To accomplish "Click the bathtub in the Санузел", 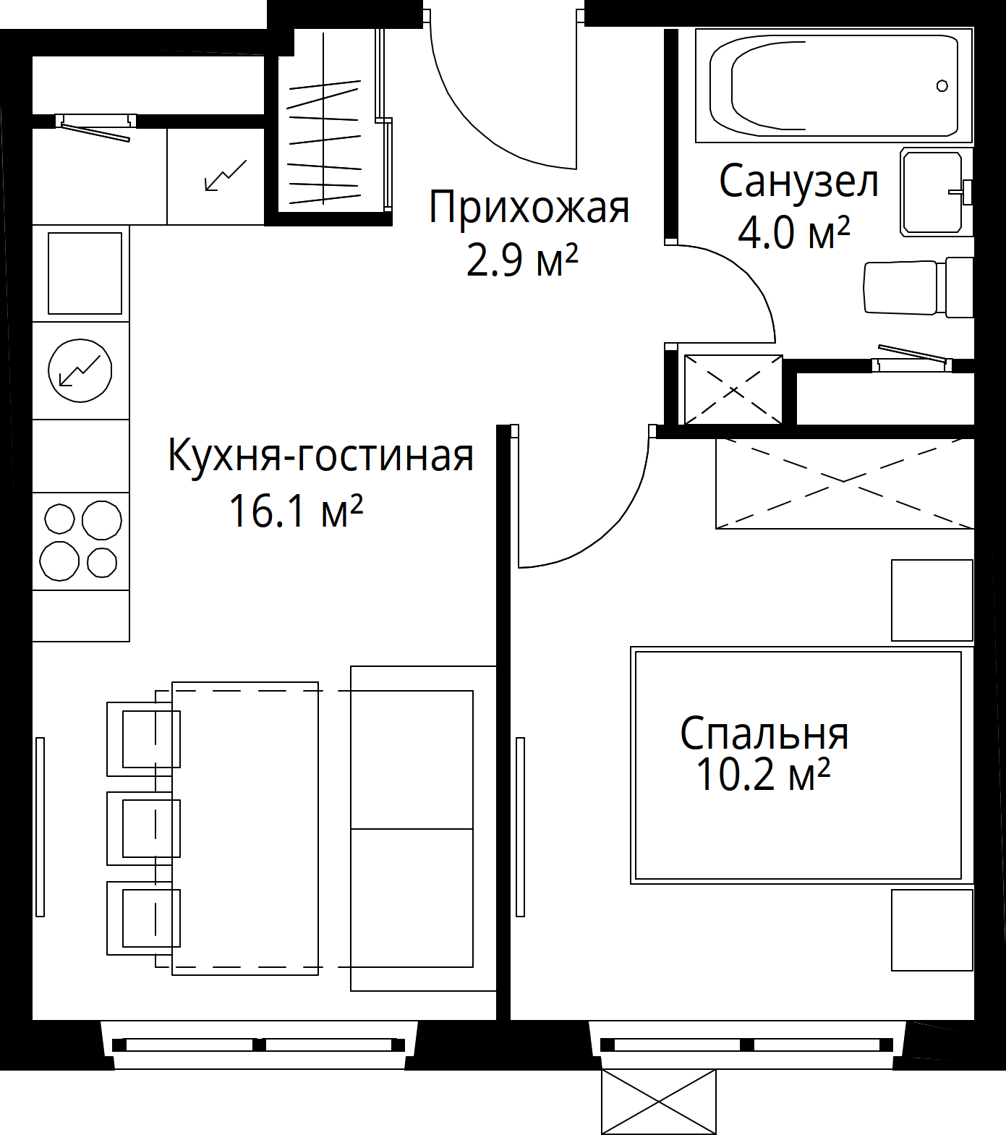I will pos(832,85).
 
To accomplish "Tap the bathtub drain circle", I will pos(942,86).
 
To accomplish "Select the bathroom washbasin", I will pos(933,192).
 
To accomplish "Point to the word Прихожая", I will pos(529,208).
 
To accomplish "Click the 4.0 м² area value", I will pos(793,233).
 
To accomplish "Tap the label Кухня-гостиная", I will pos(320,456).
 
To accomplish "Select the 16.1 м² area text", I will pos(295,511).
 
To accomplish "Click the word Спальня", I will pos(764,733).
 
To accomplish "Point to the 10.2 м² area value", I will pos(762,774).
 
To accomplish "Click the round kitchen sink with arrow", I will pos(80,371).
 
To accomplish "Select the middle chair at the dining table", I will pos(143,828).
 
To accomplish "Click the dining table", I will pos(245,828).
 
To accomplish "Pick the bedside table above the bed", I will pos(932,600).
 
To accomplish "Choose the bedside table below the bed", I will pos(932,930).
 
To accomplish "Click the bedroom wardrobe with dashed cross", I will pos(844,483).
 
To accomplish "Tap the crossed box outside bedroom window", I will pos(659,1102).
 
